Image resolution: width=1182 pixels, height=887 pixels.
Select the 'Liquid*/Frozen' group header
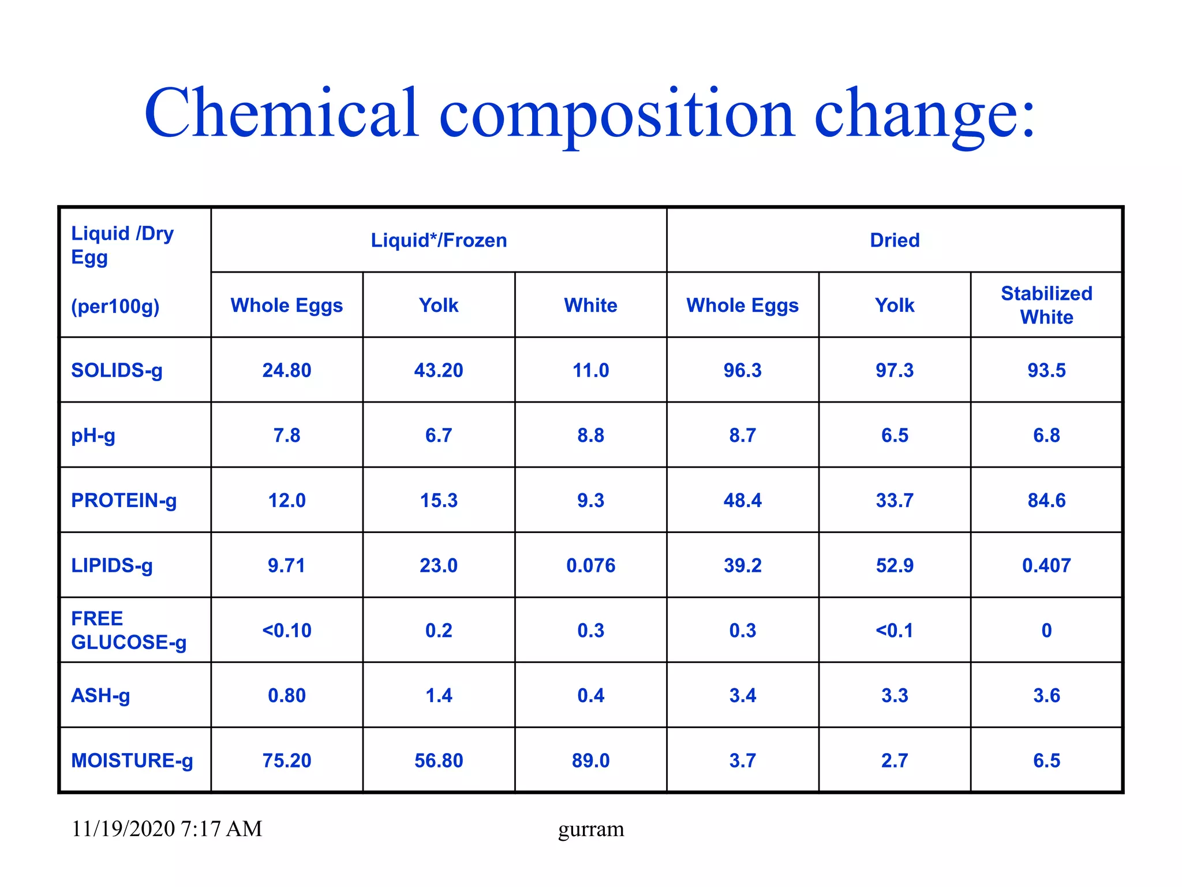coord(439,240)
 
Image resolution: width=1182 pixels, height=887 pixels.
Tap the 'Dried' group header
coord(895,240)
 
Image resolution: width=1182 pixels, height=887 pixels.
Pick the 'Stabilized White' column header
coord(1046,305)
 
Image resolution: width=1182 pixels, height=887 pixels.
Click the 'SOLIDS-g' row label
coord(117,370)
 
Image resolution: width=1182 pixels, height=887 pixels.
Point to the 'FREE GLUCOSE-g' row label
coord(128,630)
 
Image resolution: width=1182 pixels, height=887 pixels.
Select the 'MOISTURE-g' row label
coord(132,761)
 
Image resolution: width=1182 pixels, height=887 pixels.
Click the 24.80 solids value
coord(287,370)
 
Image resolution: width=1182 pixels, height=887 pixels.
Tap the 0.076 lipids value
coord(590,565)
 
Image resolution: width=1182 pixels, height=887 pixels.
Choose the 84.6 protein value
coord(1046,500)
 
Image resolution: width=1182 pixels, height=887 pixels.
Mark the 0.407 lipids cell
coord(1046,565)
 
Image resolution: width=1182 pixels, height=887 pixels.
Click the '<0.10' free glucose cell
coord(287,630)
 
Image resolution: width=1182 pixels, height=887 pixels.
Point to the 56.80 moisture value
coord(439,761)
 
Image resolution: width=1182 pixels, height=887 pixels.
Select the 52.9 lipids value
coord(895,565)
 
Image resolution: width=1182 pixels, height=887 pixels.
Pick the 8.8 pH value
coord(590,435)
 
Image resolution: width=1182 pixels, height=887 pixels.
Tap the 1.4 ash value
coord(439,695)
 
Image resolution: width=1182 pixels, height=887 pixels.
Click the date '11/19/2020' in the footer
coord(123,829)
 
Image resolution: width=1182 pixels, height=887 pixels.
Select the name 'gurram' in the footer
coord(591,829)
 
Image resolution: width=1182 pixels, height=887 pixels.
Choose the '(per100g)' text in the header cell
coord(115,306)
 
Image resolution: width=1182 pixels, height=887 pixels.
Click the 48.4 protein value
coord(742,500)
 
